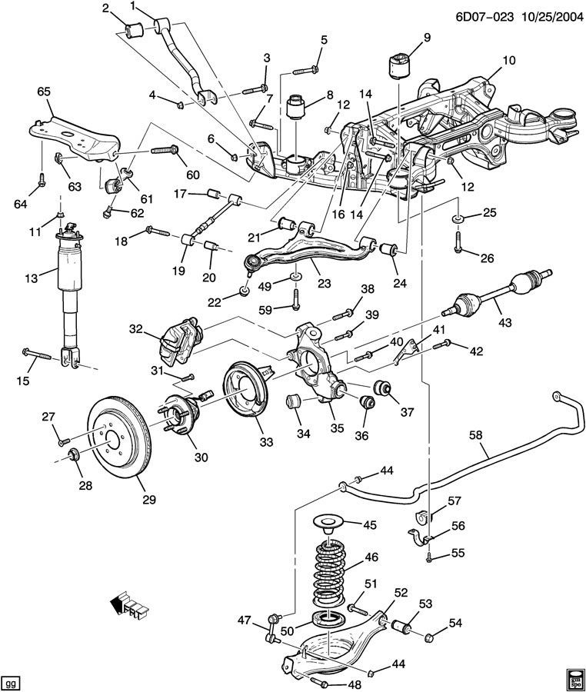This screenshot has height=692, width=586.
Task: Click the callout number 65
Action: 43,91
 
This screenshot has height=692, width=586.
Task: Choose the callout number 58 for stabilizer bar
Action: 476,436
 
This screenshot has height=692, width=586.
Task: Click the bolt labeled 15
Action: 38,354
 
